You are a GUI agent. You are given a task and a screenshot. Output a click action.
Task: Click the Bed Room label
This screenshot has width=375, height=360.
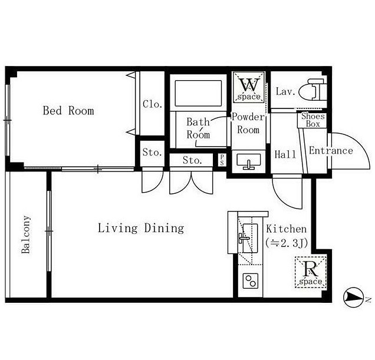point(68,110)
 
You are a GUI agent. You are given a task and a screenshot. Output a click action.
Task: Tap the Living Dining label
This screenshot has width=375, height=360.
point(141,228)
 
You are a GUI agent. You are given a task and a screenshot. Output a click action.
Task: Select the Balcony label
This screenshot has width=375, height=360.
point(26,235)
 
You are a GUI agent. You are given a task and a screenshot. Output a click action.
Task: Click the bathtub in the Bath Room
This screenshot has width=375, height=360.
point(198,93)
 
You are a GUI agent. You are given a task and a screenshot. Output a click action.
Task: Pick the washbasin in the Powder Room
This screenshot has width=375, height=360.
point(249,161)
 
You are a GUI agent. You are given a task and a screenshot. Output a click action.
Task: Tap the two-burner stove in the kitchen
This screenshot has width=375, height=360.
point(251,281)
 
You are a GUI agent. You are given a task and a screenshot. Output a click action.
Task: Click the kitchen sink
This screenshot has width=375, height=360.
point(249,238)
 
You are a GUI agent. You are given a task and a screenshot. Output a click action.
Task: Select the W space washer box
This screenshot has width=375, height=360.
point(249,87)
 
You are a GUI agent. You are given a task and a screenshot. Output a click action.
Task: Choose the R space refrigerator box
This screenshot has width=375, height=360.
point(311,272)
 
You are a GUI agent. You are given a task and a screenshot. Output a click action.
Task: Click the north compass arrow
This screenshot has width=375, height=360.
point(352,298)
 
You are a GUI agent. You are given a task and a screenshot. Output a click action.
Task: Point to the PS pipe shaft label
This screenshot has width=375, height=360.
point(222,160)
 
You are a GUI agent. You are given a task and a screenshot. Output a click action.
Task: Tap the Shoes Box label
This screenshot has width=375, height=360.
point(313,120)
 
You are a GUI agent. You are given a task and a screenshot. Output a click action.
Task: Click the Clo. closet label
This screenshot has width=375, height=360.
point(153,104)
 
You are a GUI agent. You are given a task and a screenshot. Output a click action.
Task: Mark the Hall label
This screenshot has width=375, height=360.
point(285,154)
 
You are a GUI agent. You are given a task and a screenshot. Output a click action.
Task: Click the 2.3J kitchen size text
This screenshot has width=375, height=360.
point(287,243)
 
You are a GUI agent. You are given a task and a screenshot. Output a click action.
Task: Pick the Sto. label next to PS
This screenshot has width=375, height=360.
point(192,160)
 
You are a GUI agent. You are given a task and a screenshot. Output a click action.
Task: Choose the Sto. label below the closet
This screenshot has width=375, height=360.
point(152,152)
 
